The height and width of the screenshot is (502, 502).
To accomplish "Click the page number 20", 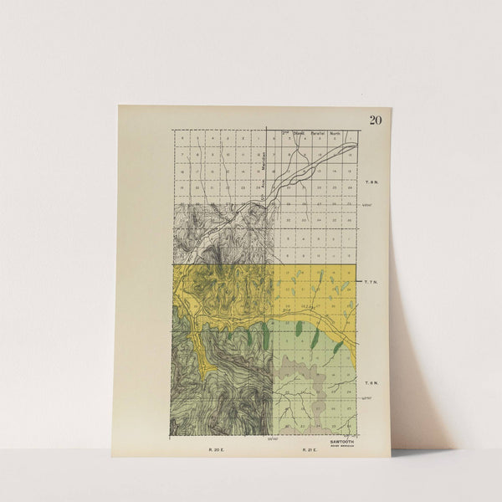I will pyautogui.click(x=375, y=120).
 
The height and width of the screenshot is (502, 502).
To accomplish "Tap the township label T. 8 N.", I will pyautogui.click(x=372, y=181).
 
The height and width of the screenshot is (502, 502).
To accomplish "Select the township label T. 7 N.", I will pyautogui.click(x=371, y=283).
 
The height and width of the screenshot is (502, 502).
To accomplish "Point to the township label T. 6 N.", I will pyautogui.click(x=371, y=382).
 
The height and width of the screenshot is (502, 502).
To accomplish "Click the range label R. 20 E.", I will pyautogui.click(x=217, y=449).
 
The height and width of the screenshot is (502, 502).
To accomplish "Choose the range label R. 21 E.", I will pyautogui.click(x=310, y=449).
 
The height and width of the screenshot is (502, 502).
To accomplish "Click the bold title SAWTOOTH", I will pyautogui.click(x=341, y=439).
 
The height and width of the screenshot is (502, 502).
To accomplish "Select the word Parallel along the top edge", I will pyautogui.click(x=317, y=132).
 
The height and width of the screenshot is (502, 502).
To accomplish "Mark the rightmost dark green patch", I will pyautogui.click(x=337, y=346).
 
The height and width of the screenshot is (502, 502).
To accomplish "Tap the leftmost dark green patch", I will pyautogui.click(x=249, y=336).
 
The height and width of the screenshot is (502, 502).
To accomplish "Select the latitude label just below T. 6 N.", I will pyautogui.click(x=366, y=399).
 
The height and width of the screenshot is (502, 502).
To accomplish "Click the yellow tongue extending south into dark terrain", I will pyautogui.click(x=197, y=339).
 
